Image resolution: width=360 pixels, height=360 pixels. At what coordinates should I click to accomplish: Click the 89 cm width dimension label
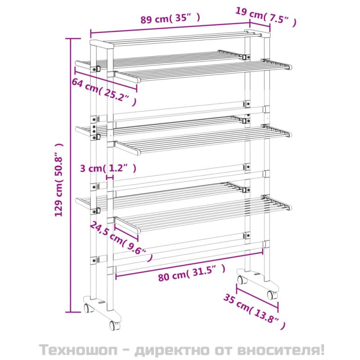(x=170, y=18)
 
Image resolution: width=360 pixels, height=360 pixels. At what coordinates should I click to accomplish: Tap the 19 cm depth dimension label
(x=266, y=17)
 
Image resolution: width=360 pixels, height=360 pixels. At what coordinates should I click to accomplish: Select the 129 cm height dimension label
(x=59, y=180)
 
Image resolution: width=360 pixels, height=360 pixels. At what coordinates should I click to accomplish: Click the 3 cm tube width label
(x=108, y=168)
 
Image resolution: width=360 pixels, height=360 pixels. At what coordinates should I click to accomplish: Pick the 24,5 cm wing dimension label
(x=121, y=241)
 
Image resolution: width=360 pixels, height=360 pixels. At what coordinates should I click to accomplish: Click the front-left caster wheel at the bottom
(x=114, y=325)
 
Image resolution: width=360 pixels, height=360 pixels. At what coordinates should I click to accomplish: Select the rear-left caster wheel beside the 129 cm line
(x=88, y=308)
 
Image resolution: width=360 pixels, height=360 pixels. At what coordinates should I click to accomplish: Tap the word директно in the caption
(x=172, y=350)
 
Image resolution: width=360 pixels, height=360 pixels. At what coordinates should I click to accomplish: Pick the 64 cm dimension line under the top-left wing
(x=106, y=79)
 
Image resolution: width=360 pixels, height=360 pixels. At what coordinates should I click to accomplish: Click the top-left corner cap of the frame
(x=102, y=44)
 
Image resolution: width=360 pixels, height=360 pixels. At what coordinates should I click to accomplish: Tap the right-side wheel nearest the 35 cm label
(x=272, y=295)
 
